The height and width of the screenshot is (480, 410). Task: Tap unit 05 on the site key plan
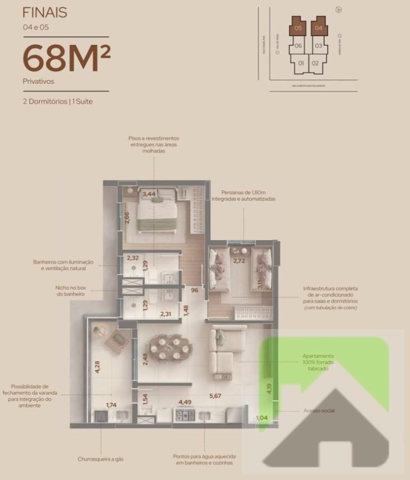click(x=298, y=27)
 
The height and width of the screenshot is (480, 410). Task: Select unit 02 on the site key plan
click(x=315, y=63)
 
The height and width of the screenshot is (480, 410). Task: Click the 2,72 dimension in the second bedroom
click(x=240, y=261)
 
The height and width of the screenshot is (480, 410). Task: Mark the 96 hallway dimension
click(x=194, y=290)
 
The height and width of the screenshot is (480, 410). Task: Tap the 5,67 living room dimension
click(x=215, y=396)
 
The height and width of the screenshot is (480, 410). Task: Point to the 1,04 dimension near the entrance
click(x=262, y=418)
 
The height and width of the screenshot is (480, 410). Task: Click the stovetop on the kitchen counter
click(x=187, y=415)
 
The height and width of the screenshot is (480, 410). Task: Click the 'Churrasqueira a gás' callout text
click(x=101, y=459)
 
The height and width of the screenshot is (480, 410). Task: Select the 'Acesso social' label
click(x=319, y=411)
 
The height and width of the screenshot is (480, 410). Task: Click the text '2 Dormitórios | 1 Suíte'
click(x=58, y=101)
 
